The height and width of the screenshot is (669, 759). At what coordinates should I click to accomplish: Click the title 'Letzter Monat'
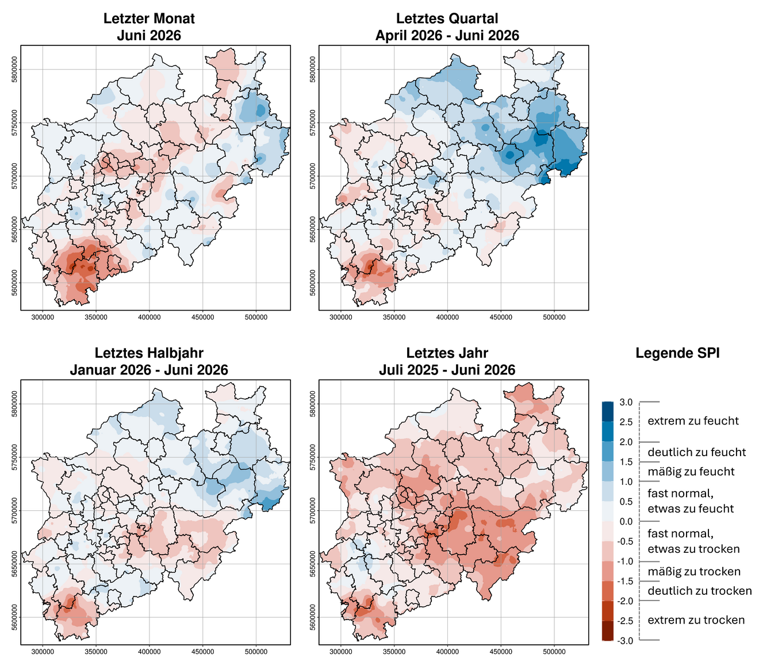pos(149,18)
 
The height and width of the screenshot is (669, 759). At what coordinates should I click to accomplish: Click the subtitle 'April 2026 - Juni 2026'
pos(447,36)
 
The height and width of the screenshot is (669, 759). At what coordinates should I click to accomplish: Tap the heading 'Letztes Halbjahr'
pos(149,353)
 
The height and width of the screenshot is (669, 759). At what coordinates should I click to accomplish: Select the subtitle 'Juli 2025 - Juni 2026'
pos(447,370)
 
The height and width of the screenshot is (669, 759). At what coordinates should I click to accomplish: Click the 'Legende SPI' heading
pos(677,353)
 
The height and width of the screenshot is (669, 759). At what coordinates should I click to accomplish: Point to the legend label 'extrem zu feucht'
pos(693,421)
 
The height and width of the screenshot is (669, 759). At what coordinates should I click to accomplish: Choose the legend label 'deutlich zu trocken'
pos(699,591)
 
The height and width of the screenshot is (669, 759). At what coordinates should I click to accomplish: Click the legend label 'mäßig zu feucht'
pos(691,472)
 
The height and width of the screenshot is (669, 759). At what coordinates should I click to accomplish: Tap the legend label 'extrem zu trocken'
pos(696,620)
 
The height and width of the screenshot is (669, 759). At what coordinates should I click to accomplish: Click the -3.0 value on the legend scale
pos(624,641)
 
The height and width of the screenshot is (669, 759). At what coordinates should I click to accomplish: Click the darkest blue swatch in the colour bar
pos(608,412)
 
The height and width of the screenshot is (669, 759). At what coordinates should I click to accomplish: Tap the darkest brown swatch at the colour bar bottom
pos(608,631)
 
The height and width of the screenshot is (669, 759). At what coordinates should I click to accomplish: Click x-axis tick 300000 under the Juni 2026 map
pos(43,318)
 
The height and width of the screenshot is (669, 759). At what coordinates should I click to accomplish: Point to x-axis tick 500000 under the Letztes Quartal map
pos(554,318)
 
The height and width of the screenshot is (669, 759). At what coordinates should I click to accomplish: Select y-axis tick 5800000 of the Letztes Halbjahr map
pos(15,404)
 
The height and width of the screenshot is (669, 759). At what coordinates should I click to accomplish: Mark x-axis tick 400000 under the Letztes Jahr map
pos(447,652)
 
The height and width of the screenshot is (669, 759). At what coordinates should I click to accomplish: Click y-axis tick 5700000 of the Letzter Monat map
pos(15,176)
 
